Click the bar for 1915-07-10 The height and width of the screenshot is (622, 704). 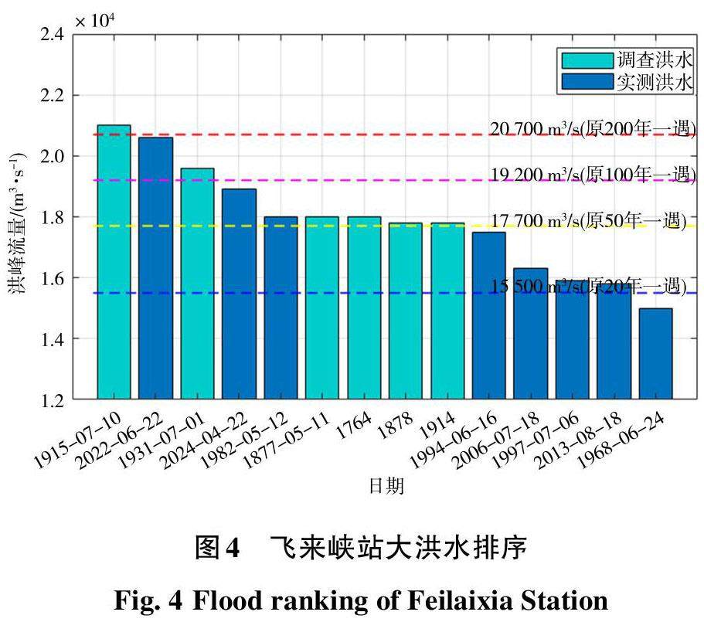(114, 262)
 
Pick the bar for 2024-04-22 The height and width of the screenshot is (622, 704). (239, 294)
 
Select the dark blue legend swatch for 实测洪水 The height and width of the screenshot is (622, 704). (584, 82)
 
